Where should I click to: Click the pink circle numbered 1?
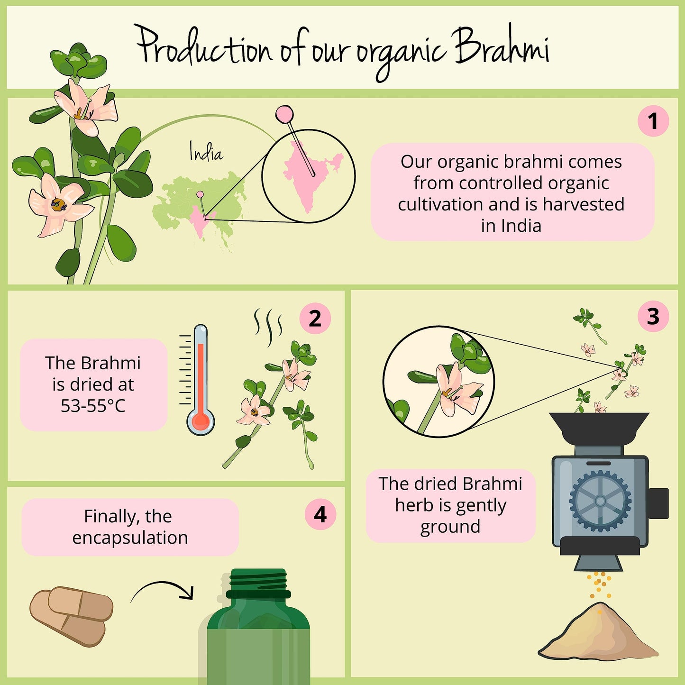(653, 121)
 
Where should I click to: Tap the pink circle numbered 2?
(315, 318)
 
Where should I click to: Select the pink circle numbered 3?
(653, 316)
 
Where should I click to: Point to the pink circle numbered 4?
(320, 514)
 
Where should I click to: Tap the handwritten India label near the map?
(206, 152)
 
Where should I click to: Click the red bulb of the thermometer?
(201, 420)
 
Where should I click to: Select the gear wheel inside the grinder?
(600, 501)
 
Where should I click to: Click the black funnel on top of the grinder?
(599, 429)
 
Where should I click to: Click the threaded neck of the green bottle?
(258, 584)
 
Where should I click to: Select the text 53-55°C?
(93, 406)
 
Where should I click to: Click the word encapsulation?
(130, 538)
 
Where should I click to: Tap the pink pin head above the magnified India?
(284, 114)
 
